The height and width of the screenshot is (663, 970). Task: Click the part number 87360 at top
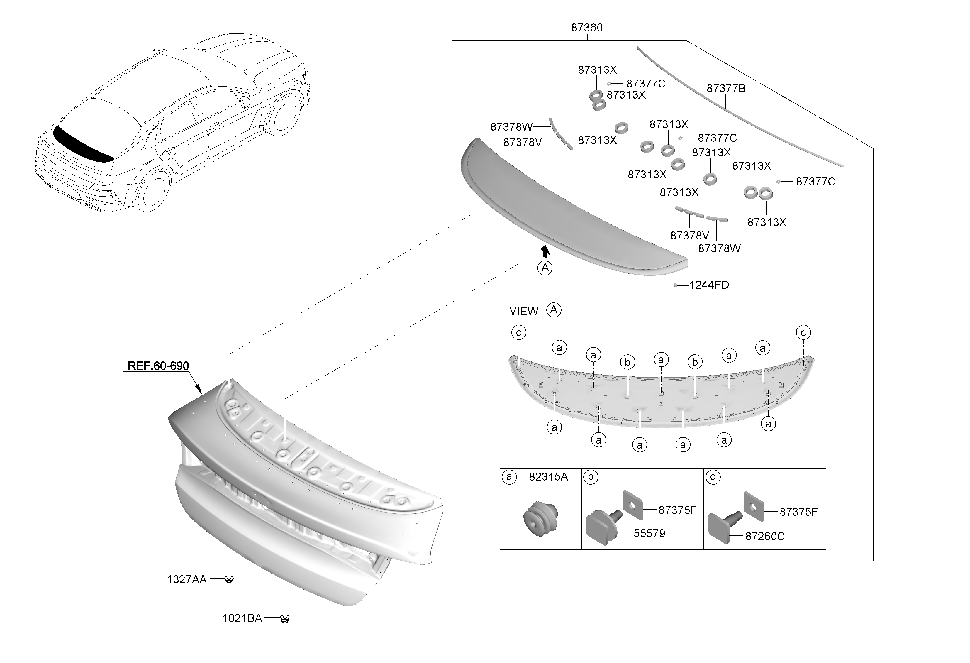tap(586, 28)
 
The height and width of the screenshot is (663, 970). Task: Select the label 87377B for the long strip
tap(725, 89)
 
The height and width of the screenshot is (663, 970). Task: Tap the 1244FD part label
tap(709, 285)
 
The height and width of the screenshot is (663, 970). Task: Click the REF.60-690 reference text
tap(158, 366)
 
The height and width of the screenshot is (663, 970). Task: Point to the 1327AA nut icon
tap(229, 579)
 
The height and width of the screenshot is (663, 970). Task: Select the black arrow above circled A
tap(545, 251)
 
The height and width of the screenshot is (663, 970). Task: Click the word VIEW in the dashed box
tap(523, 312)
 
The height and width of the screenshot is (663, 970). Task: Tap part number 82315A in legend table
tap(548, 477)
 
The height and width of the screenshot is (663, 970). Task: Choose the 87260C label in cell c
tap(765, 537)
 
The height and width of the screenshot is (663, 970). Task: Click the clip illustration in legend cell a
tap(540, 519)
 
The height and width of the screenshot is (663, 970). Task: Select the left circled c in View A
tap(518, 333)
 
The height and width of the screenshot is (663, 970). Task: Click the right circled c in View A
tap(803, 333)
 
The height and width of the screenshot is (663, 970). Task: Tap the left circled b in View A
tap(627, 362)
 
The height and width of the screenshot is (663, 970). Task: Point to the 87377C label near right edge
tap(815, 182)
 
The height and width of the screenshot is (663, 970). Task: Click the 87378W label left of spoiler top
tap(511, 126)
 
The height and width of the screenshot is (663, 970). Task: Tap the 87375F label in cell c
tap(798, 512)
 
